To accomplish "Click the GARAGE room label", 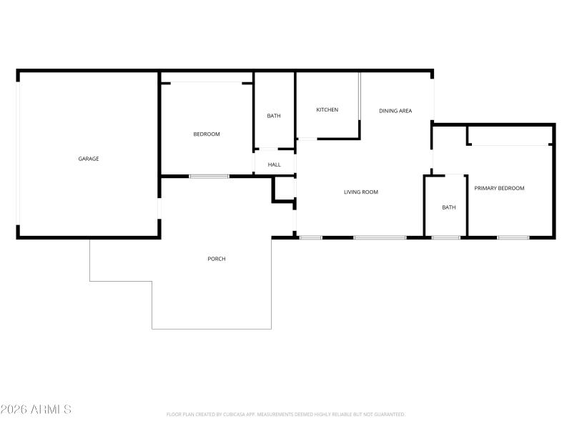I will (89, 159).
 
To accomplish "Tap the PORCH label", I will (217, 259).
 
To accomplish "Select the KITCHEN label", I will (327, 109).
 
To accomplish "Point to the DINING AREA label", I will (395, 111).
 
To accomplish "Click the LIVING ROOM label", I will (361, 192).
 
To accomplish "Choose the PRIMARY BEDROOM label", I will (499, 188).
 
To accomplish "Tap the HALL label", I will (275, 164).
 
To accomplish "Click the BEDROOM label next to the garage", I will (207, 134).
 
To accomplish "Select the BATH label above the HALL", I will (274, 116).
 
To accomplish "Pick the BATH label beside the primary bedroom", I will (448, 207).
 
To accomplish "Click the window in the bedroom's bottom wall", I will (209, 176).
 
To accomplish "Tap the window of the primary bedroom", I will (513, 237).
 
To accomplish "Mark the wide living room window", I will (380, 237).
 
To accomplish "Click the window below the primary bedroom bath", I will (445, 237).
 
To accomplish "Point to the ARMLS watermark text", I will (36, 410).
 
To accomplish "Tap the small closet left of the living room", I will (285, 189).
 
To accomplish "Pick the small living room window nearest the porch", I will (311, 237).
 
